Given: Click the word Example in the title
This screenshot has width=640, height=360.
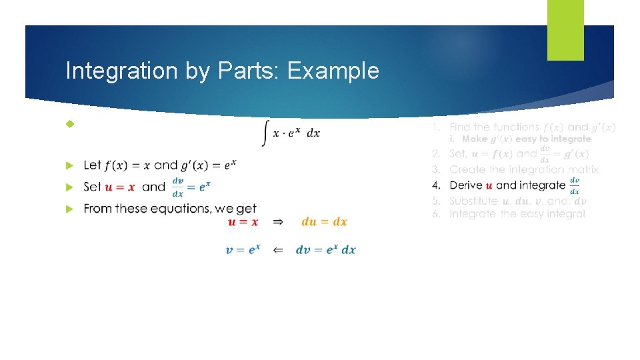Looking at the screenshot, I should click(x=333, y=71).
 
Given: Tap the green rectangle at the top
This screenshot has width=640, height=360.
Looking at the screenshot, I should click(x=565, y=30).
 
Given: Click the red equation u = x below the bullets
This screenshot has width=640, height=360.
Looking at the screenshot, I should click(x=243, y=222).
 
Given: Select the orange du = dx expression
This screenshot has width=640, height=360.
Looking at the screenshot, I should click(x=325, y=222).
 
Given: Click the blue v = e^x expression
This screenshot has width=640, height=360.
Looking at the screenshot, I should click(x=243, y=250).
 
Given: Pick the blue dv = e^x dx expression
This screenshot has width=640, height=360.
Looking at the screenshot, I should click(x=326, y=250).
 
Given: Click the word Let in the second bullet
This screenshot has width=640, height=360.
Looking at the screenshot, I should click(x=93, y=165).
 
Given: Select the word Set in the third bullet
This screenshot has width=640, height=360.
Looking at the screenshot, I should click(x=93, y=186).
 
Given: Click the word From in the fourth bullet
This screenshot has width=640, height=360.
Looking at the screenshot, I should click(x=98, y=209).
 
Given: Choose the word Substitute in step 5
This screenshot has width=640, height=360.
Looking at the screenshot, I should click(x=473, y=201).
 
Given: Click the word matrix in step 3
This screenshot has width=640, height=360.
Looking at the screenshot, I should click(x=581, y=170).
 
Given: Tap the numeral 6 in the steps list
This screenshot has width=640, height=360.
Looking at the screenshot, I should click(x=435, y=214).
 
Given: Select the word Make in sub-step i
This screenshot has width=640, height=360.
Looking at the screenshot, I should click(x=475, y=139).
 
